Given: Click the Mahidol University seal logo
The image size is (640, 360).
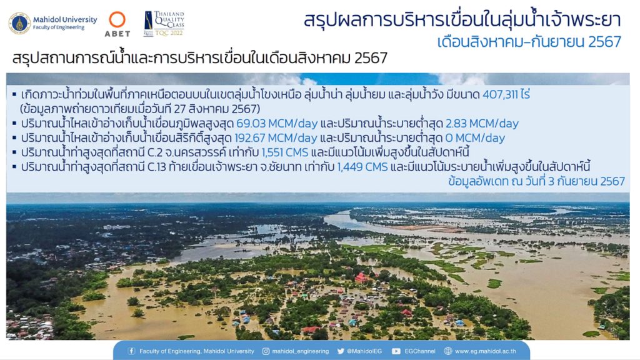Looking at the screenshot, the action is [19, 23].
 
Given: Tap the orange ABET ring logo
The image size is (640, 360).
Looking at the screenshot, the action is [117, 19].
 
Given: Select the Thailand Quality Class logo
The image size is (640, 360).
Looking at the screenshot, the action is [164, 24].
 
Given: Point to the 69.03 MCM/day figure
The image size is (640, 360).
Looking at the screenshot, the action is [277, 123].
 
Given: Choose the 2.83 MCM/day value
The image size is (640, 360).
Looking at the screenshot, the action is [482, 123].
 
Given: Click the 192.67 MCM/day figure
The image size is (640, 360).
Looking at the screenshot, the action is [276, 138].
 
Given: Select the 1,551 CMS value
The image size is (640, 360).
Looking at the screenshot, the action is [285, 152].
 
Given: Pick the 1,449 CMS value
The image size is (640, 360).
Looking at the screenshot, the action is [362, 167].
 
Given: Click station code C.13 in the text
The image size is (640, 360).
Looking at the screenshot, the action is [157, 167].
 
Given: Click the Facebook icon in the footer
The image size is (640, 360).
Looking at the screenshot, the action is [131, 351].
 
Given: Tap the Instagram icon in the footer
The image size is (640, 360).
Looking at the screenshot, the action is [266, 351].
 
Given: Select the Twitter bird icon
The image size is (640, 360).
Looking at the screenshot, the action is [341, 351].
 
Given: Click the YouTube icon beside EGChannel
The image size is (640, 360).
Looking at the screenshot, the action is [396, 351].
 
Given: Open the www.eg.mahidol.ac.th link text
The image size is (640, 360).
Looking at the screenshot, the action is [485, 351].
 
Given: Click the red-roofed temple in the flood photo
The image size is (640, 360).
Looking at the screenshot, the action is [361, 278].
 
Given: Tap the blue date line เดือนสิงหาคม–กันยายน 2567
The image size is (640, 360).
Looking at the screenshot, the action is [529, 42].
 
